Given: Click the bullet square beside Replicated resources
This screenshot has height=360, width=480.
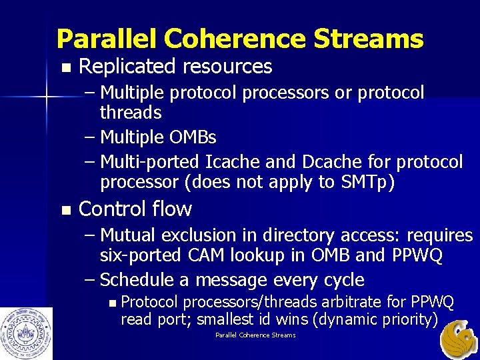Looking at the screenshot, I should (x=65, y=67).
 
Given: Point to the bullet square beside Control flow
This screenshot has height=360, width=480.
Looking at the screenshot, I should (x=65, y=210).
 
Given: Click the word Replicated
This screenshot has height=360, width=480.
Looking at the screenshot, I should (x=127, y=67).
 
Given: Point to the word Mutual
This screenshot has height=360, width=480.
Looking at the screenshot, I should (x=133, y=235).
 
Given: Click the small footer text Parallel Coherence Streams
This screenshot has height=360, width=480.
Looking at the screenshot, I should (x=255, y=335).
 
